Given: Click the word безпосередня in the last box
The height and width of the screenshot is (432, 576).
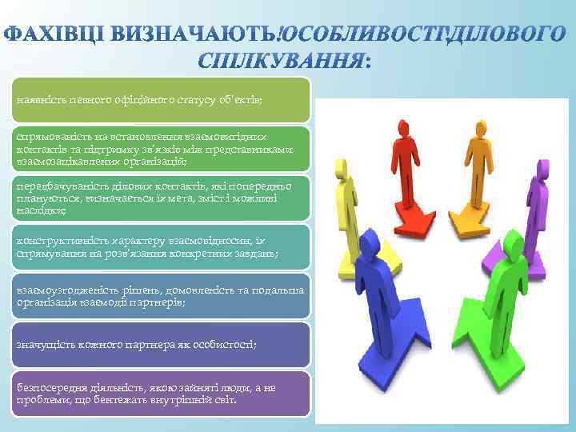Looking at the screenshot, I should [x=50, y=387].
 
